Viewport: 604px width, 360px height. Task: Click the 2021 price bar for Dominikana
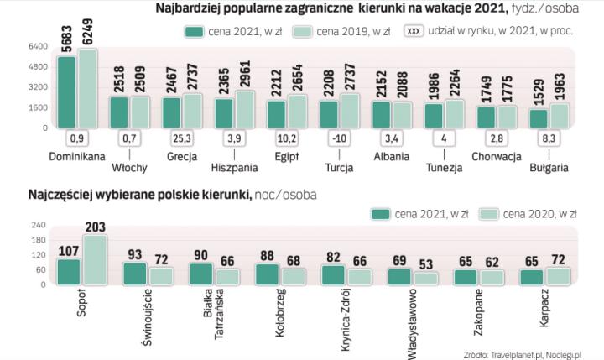pos(66,92)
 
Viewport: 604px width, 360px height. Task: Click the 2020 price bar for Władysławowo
pos(426,278)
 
